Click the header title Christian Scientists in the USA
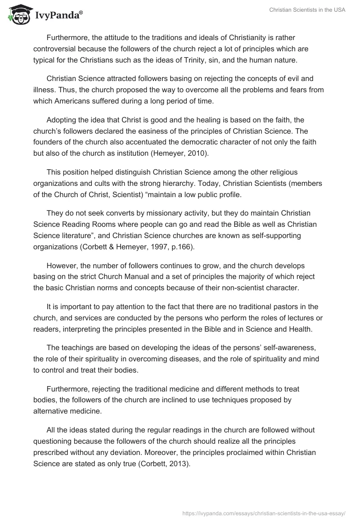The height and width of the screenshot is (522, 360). coord(307,10)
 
